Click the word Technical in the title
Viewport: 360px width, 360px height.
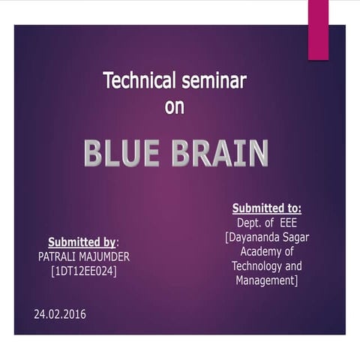[x=139, y=80]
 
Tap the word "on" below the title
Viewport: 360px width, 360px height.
[x=175, y=106]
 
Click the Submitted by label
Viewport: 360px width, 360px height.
[x=82, y=242]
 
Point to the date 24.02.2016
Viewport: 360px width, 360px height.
[x=60, y=313]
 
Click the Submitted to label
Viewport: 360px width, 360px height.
[x=266, y=208]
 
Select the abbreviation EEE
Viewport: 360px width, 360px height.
[x=288, y=223]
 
